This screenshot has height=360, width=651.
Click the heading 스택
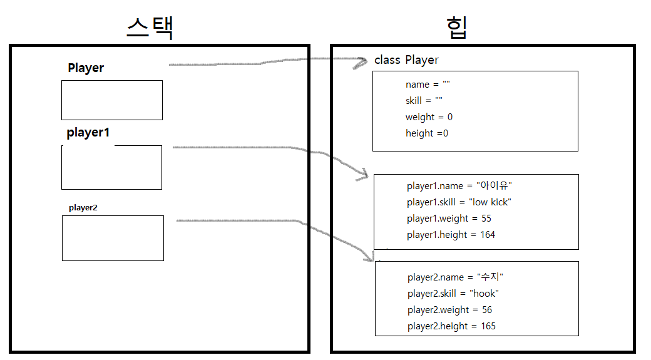coord(150,28)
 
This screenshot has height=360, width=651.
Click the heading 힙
coord(456,28)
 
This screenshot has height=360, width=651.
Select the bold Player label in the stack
coord(86,68)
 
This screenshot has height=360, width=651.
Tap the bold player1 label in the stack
coord(88,133)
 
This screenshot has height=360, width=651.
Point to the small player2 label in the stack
coord(83,207)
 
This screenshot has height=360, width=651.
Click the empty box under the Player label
coord(112,100)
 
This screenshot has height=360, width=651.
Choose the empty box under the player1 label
coord(112,168)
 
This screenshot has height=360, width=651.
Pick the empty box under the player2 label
coord(113,238)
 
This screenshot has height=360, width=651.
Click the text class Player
coord(406,60)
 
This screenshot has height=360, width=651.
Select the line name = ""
coord(428,85)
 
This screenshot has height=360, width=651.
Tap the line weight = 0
coord(429,117)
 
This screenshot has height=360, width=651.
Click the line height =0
coord(427,133)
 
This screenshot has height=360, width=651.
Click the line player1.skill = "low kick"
coord(459,202)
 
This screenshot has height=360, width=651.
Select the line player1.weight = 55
coord(449,219)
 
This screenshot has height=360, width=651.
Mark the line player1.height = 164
coord(451,235)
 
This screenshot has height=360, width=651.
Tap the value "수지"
coord(490,277)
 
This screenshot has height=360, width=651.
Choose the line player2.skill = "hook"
coord(453,294)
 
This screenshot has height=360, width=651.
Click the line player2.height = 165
coord(451,326)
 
